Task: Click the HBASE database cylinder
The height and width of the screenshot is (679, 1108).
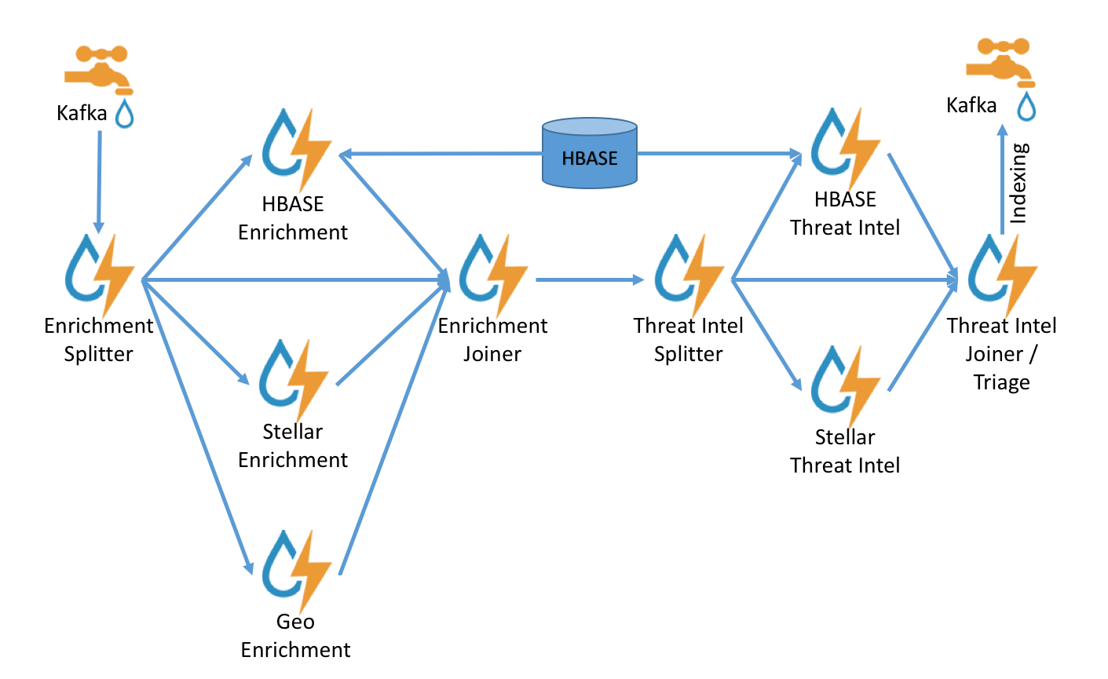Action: (589, 154)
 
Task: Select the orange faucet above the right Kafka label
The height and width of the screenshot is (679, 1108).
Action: (1000, 61)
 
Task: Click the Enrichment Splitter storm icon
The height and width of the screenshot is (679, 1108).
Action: (99, 273)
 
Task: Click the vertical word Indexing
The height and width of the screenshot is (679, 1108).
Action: (1018, 184)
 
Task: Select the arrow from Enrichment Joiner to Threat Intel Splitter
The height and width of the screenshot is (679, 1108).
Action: (589, 279)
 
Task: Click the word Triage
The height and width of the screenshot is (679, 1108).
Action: (1001, 382)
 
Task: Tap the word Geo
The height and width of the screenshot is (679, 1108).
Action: (295, 622)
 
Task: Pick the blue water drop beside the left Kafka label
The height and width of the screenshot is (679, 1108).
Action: (124, 113)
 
